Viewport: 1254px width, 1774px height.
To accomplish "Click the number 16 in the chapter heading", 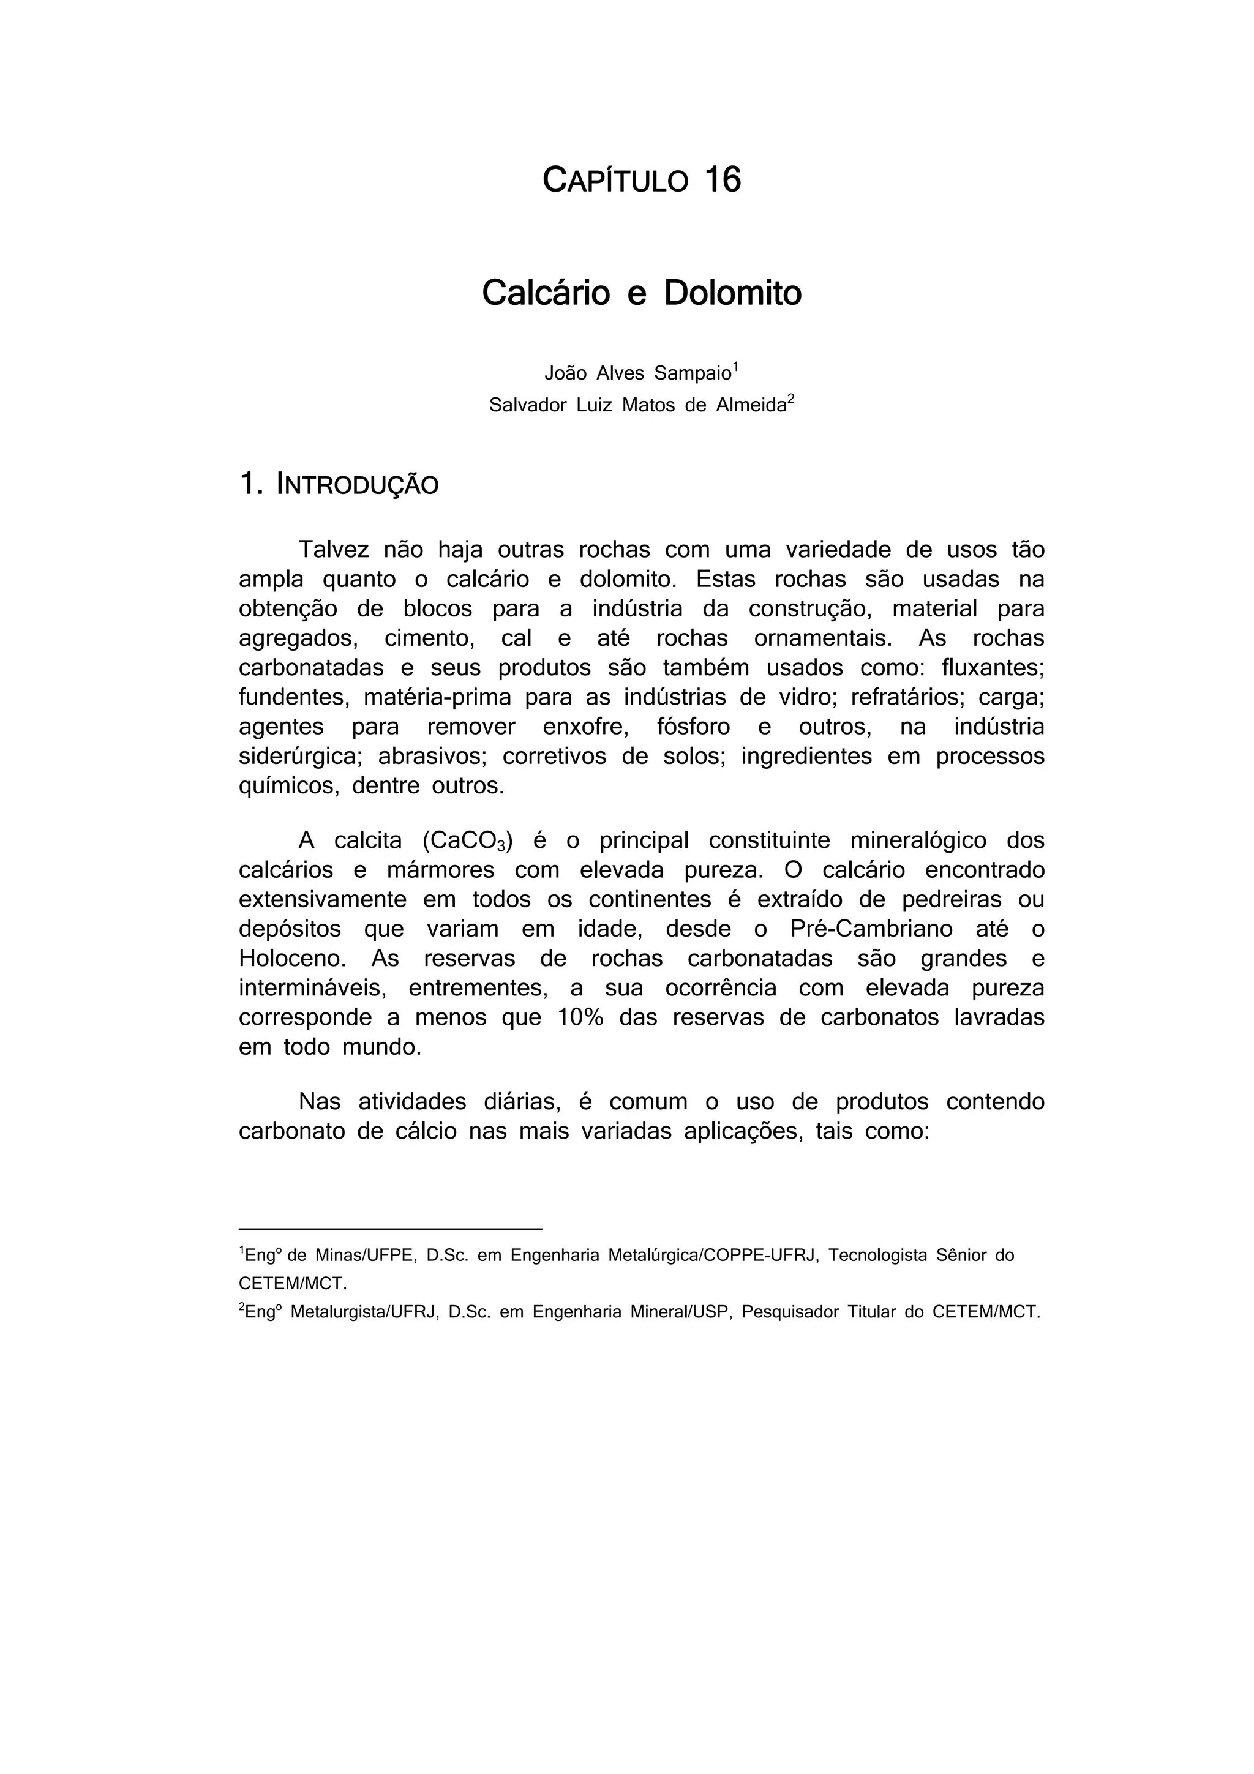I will pos(723,180).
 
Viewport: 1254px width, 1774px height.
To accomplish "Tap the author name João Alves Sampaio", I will pos(637,373).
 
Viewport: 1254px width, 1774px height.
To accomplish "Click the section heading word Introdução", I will pos(357,485).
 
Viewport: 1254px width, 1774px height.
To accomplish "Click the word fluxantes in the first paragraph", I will pos(991,668).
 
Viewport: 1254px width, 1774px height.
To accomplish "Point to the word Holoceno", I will pos(291,959).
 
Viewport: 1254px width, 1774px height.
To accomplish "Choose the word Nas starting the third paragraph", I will pos(319,1102).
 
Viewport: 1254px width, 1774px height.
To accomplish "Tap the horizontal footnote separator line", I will pos(390,1229).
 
